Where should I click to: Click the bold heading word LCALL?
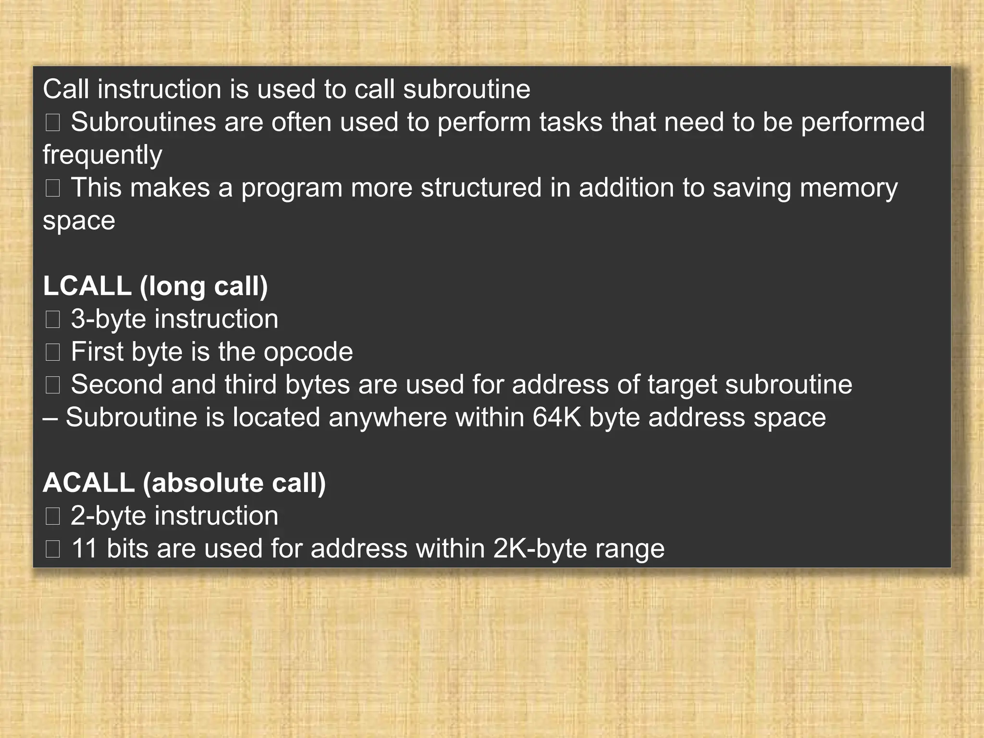[x=87, y=286]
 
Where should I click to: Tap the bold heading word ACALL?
[x=88, y=482]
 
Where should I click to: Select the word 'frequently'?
[x=102, y=155]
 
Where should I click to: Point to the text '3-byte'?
[x=108, y=320]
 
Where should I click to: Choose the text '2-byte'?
[x=108, y=516]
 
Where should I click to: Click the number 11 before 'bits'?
[x=84, y=548]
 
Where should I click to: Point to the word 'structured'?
[x=481, y=187]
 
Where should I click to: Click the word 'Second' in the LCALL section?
[x=117, y=384]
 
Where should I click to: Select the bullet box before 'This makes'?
[x=52, y=188]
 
